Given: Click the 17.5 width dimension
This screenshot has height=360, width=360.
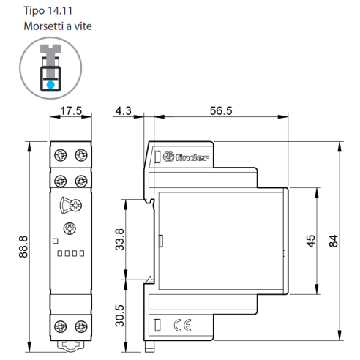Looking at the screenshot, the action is click(x=71, y=110).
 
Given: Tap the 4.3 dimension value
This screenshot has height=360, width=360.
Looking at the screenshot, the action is click(x=124, y=110).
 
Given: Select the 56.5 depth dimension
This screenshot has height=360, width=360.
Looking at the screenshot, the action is click(x=221, y=110).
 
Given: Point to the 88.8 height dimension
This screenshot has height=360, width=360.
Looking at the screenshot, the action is click(x=23, y=247).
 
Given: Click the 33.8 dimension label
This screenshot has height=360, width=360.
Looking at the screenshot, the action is click(x=120, y=239).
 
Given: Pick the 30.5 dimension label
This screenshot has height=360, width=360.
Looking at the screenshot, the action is click(x=120, y=316).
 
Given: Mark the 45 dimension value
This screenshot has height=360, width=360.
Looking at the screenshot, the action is click(x=311, y=241).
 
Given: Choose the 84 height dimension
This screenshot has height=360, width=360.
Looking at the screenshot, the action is click(x=334, y=241).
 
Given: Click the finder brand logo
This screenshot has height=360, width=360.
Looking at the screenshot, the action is click(x=186, y=157).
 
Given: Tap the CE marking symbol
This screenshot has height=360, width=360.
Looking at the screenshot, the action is click(x=182, y=325).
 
